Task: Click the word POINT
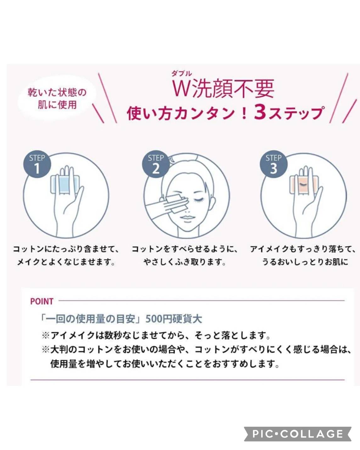[42, 301]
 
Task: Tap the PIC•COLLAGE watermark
[298, 434]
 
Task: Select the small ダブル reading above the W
[181, 74]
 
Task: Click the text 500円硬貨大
[174, 319]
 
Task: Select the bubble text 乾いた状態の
[57, 92]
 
